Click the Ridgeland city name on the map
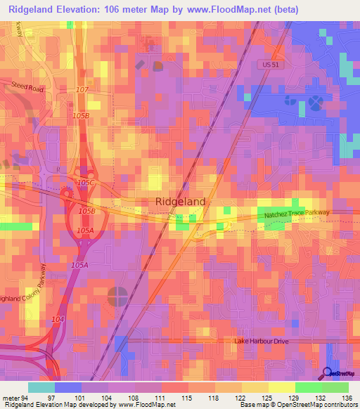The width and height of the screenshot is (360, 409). (x=180, y=202)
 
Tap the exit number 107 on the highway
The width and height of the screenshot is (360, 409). (x=82, y=90)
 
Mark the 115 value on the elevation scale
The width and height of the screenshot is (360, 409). (x=188, y=377)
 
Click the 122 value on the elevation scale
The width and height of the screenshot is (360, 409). (x=241, y=377)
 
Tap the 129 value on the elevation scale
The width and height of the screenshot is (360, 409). (x=295, y=377)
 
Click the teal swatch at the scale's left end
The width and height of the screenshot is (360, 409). (x=41, y=387)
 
